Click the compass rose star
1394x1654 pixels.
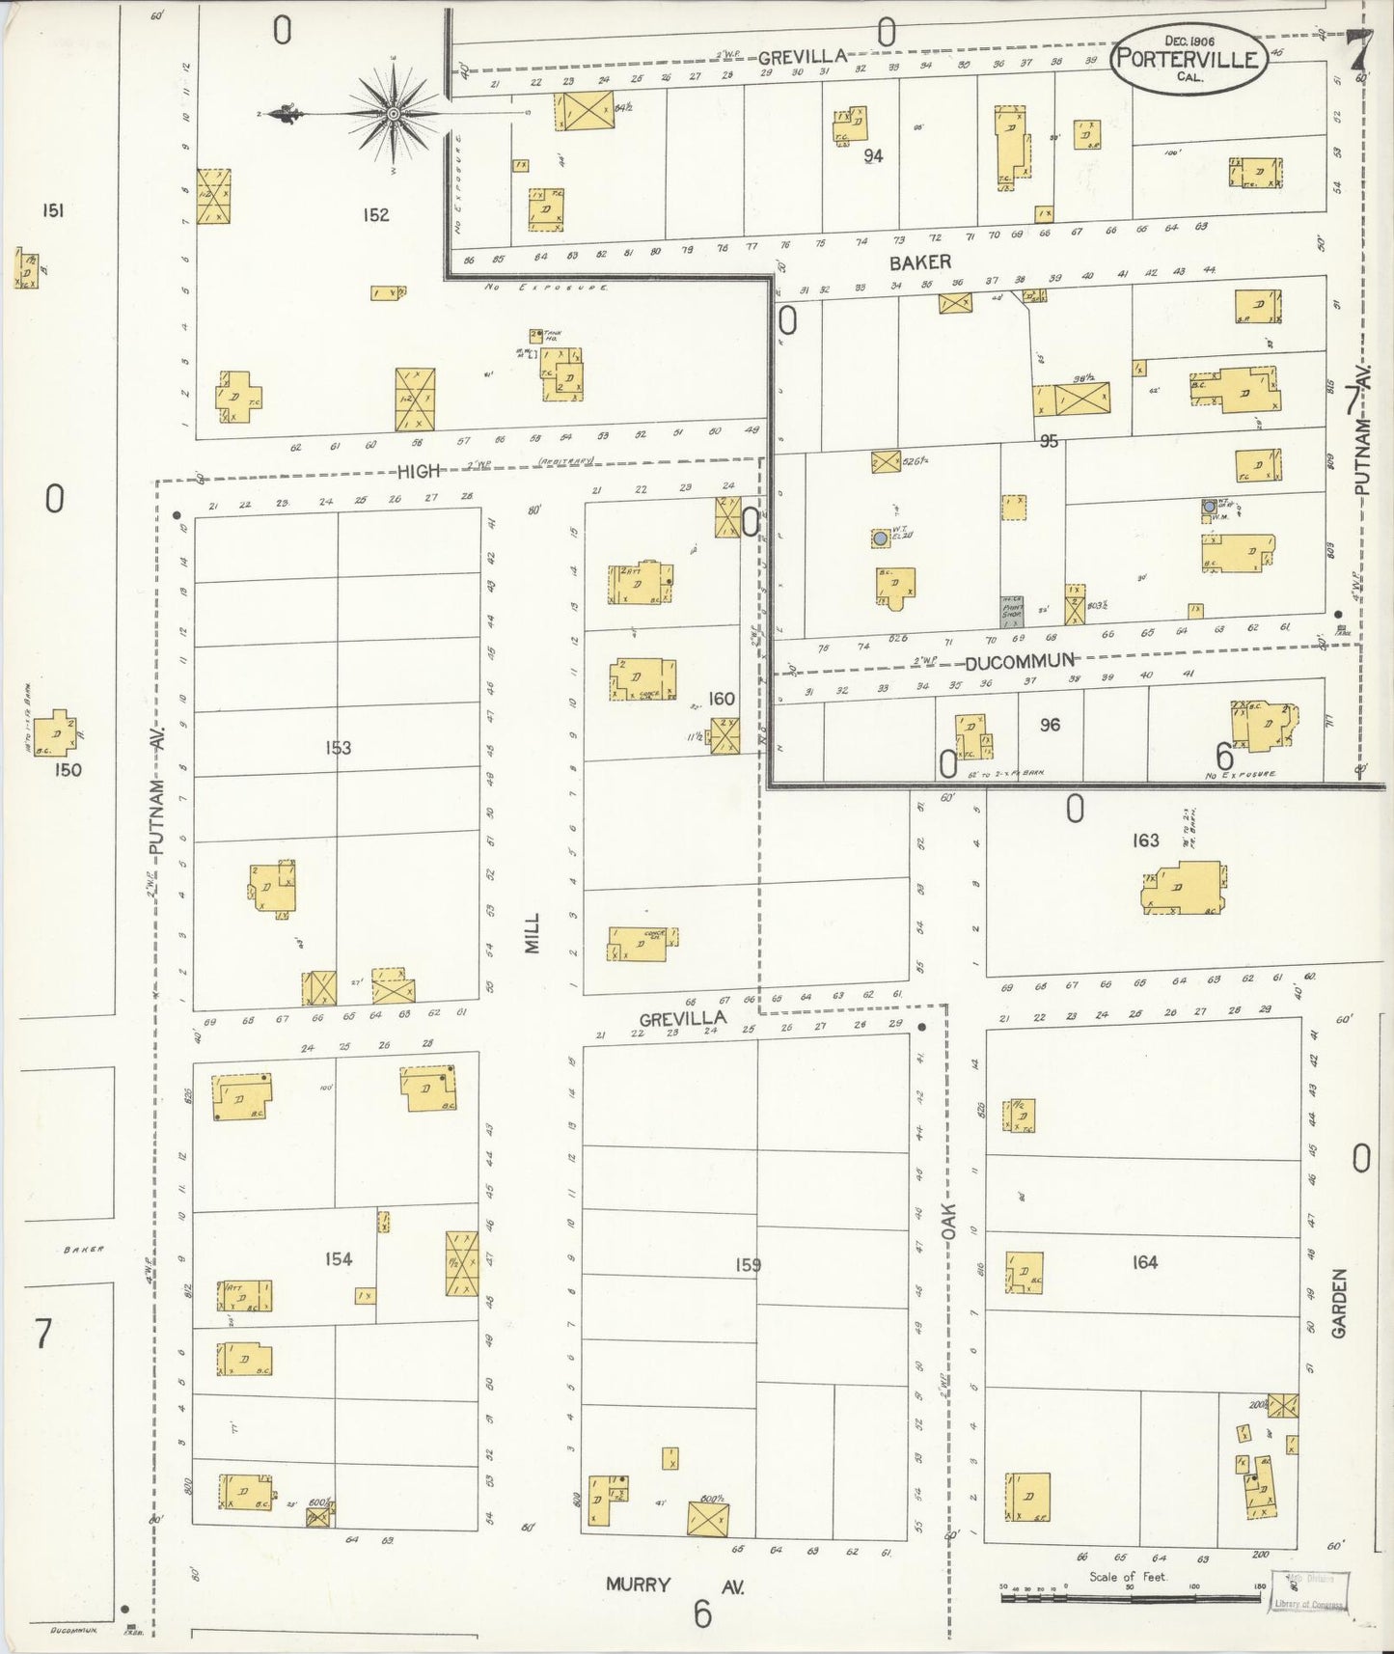click(393, 115)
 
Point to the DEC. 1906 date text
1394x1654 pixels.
click(1189, 41)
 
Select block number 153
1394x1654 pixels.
click(338, 747)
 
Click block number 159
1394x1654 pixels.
click(748, 1264)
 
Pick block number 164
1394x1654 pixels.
click(1144, 1261)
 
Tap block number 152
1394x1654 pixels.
click(375, 214)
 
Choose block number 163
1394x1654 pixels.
click(1145, 841)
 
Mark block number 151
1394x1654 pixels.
click(52, 210)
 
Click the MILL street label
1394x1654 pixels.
click(533, 933)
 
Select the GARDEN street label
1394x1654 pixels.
click(1339, 1303)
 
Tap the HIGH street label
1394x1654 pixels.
click(419, 471)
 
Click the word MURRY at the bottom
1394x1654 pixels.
click(638, 1585)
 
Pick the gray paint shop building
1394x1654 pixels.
click(1011, 609)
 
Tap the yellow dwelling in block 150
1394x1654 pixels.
click(56, 733)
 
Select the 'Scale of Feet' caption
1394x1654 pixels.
click(1128, 1576)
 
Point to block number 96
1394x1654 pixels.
click(1050, 724)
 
